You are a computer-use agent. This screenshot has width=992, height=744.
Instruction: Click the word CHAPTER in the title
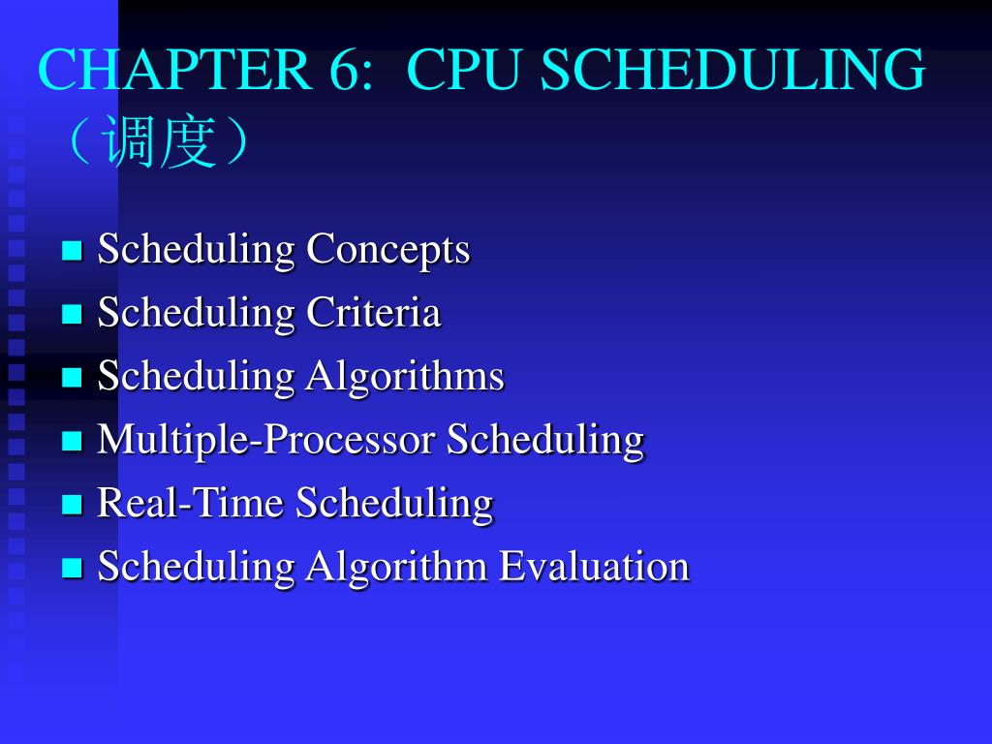click(175, 72)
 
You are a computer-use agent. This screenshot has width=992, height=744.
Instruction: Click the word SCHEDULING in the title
click(732, 72)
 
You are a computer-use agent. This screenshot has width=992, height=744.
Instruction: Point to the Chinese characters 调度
click(160, 144)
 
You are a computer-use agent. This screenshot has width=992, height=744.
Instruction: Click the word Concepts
click(388, 250)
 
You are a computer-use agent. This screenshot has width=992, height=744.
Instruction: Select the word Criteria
click(374, 313)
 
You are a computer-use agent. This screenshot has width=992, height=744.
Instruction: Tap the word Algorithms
click(405, 376)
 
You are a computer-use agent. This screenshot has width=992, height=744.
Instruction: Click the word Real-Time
click(191, 503)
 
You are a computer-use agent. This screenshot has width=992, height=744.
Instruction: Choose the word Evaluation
click(594, 566)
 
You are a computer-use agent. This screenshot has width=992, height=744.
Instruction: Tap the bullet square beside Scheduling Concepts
click(72, 252)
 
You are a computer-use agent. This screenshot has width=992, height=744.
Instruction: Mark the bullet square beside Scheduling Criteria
click(72, 315)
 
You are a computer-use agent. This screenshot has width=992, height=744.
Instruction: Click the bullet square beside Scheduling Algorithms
click(72, 378)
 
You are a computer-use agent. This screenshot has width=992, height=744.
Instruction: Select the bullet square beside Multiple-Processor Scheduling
click(72, 442)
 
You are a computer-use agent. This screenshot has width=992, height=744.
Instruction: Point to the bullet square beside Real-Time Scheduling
click(72, 505)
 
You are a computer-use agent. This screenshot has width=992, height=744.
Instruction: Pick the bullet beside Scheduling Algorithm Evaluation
click(72, 568)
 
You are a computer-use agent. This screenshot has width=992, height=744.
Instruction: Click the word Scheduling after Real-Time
click(394, 503)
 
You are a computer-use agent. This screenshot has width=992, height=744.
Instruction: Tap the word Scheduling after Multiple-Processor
click(545, 440)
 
